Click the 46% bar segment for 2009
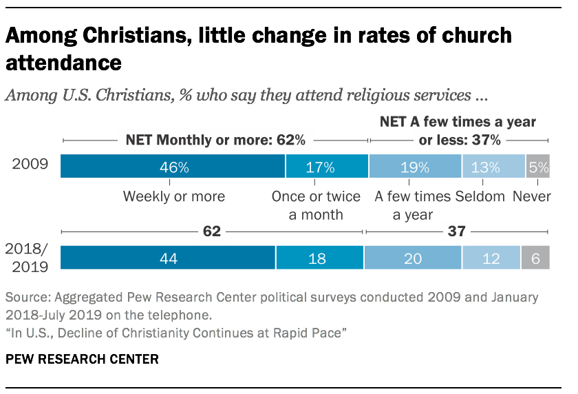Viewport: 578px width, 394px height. pyautogui.click(x=173, y=167)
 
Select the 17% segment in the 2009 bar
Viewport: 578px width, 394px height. pyautogui.click(x=327, y=167)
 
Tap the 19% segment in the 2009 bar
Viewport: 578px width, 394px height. pyautogui.click(x=415, y=167)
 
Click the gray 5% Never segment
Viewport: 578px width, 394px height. pyautogui.click(x=537, y=167)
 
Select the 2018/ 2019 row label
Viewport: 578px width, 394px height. pyautogui.click(x=28, y=258)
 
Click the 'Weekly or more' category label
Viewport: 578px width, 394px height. pyautogui.click(x=173, y=197)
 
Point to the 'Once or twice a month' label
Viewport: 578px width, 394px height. pyautogui.click(x=316, y=205)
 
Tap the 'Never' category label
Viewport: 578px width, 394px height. pyautogui.click(x=532, y=197)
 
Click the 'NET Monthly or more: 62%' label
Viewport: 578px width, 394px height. pyautogui.click(x=215, y=140)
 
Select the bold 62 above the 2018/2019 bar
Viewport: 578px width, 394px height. pyautogui.click(x=212, y=232)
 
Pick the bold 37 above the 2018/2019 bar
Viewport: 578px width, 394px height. pyautogui.click(x=457, y=232)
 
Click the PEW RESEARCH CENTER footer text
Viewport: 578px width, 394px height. pyautogui.click(x=83, y=359)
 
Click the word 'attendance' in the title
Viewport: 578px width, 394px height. pyautogui.click(x=64, y=63)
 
